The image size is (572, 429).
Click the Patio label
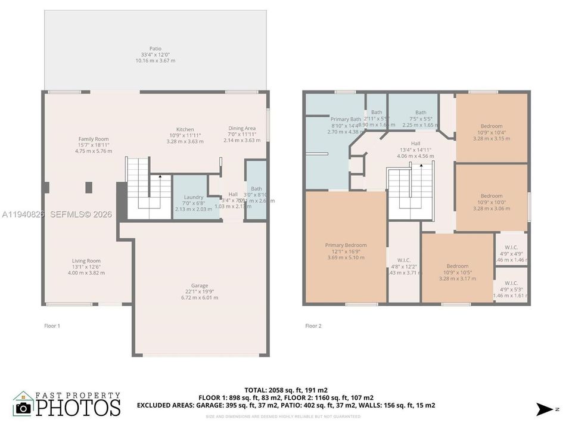pyautogui.click(x=155, y=49)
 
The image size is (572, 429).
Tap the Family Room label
pyautogui.click(x=94, y=139)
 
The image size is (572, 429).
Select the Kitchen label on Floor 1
pyautogui.click(x=185, y=129)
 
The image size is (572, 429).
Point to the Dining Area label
pyautogui.click(x=242, y=128)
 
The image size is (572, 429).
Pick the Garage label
pyautogui.click(x=200, y=285)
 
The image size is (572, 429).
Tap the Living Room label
pyautogui.click(x=86, y=261)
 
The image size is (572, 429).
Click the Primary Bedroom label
pyautogui.click(x=346, y=245)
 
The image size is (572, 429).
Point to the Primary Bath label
pyautogui.click(x=346, y=119)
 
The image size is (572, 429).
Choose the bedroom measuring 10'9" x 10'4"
pyautogui.click(x=492, y=126)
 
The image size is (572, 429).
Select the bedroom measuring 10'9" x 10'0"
pyautogui.click(x=492, y=196)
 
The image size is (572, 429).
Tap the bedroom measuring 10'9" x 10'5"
pyautogui.click(x=458, y=266)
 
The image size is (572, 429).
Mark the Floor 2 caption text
pyautogui.click(x=313, y=326)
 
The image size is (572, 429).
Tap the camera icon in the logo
pyautogui.click(x=24, y=408)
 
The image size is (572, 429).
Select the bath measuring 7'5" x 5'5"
pyautogui.click(x=421, y=113)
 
